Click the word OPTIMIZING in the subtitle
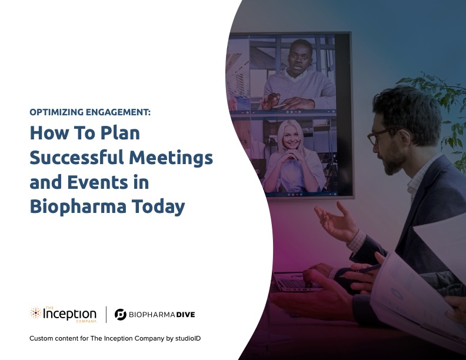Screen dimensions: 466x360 56,112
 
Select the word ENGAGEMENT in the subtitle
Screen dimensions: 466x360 118,112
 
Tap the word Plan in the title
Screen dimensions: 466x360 120,133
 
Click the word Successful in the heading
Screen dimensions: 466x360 76,157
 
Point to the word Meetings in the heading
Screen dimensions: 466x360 171,158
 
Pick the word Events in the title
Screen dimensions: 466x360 98,182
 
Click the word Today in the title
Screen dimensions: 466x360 158,207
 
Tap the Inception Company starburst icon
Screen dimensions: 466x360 35,313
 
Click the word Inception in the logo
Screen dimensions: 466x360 69,314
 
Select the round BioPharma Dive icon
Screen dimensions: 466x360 121,315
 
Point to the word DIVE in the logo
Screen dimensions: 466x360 185,315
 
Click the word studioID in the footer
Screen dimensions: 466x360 188,338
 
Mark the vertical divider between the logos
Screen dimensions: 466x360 106,315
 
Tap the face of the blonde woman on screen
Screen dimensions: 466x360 291,137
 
